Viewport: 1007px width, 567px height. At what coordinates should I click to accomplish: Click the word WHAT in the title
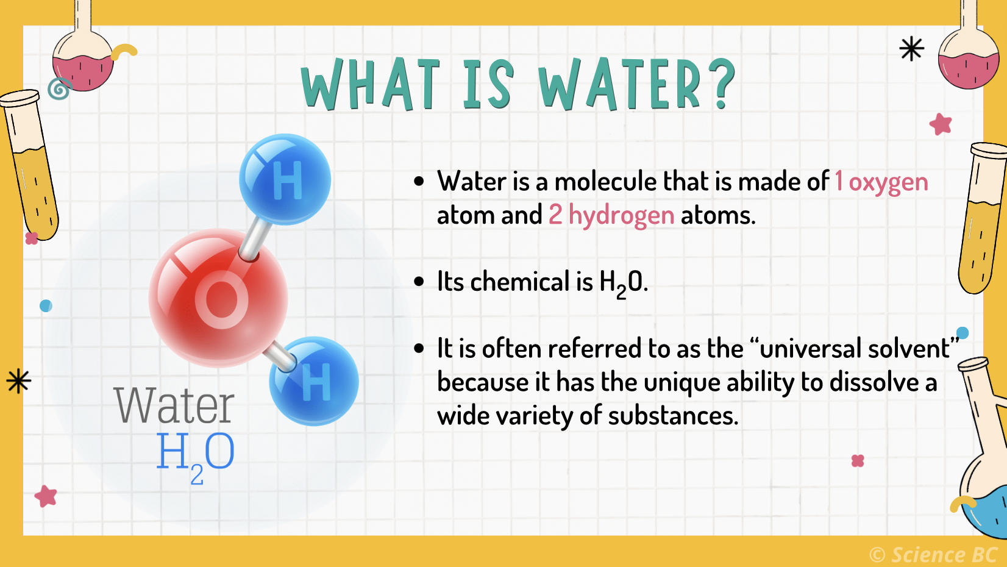(371, 85)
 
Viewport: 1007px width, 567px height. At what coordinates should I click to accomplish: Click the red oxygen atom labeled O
(218, 298)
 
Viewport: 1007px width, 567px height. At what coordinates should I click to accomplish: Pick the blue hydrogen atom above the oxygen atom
(285, 179)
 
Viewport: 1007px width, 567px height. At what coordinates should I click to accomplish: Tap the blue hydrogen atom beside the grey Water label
(314, 381)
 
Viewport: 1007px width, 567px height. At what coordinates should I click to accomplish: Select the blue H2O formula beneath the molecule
(195, 455)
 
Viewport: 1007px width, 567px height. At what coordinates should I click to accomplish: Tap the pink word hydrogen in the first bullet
(621, 216)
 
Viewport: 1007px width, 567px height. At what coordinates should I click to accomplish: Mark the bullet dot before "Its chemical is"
(419, 282)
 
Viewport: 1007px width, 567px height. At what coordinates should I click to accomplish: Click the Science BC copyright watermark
(933, 554)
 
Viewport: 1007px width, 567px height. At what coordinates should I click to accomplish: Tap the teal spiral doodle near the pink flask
(59, 89)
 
